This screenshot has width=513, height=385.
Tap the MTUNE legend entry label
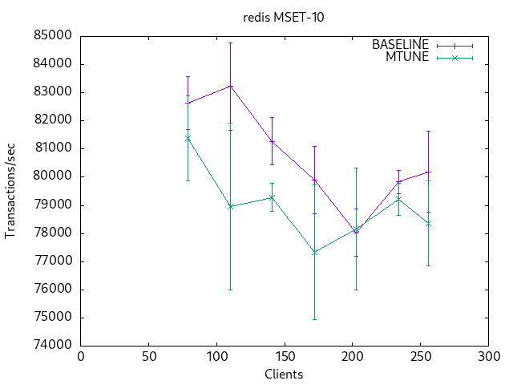[408, 57]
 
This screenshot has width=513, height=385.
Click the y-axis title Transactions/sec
[11, 191]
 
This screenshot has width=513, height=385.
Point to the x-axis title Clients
[284, 374]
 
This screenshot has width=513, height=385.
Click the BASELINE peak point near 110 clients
[230, 86]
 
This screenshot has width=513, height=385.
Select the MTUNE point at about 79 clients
[188, 138]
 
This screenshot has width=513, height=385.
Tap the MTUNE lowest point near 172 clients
[314, 252]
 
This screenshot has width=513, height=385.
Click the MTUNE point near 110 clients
[230, 206]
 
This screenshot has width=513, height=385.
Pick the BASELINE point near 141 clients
[272, 141]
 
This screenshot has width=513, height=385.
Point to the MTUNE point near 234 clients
[398, 199]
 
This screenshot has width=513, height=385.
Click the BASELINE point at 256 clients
[428, 172]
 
